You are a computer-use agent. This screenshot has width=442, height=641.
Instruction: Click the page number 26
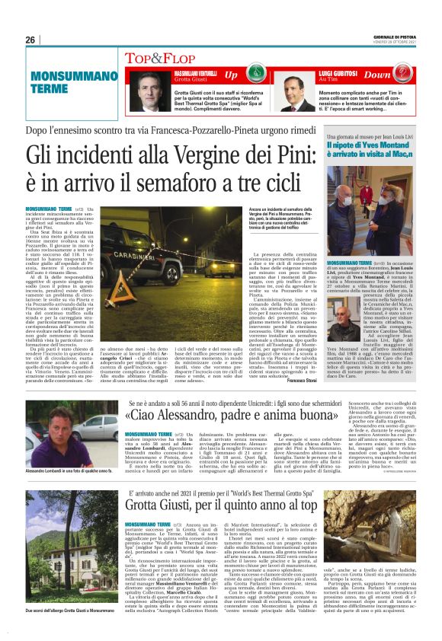pyautogui.click(x=30, y=40)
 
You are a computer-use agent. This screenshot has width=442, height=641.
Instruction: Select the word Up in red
pyautogui.click(x=231, y=75)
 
